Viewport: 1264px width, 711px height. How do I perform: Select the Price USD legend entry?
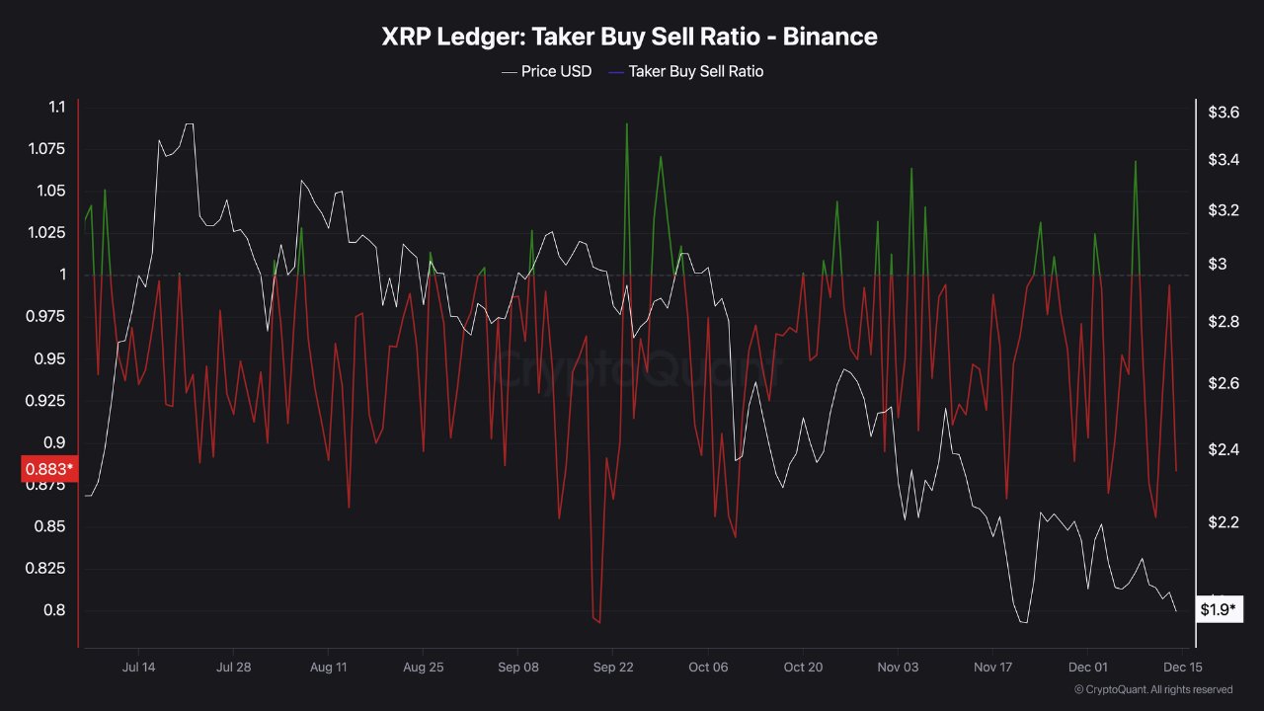coord(556,71)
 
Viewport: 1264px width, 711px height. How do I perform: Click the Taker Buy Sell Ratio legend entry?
coord(695,71)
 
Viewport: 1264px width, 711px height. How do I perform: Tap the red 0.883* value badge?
coord(46,469)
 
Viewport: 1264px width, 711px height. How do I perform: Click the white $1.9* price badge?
coord(1218,609)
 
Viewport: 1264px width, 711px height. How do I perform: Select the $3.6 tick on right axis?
coord(1224,113)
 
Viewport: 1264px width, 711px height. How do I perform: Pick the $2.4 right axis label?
coord(1224,449)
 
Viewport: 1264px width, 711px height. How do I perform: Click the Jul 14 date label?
coord(138,668)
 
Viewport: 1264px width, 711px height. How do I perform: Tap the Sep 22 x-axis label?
coord(613,668)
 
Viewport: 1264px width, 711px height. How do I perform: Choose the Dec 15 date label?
coord(1182,668)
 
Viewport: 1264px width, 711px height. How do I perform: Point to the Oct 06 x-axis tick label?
coord(708,668)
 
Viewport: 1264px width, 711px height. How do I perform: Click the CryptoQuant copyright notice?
coord(1152,689)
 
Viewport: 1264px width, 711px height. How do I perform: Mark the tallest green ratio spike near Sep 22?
coord(627,125)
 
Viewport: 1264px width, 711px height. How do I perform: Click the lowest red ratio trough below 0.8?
coord(599,622)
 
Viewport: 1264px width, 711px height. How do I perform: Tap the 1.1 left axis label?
coord(56,107)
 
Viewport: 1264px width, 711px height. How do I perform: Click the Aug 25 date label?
coord(423,668)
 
